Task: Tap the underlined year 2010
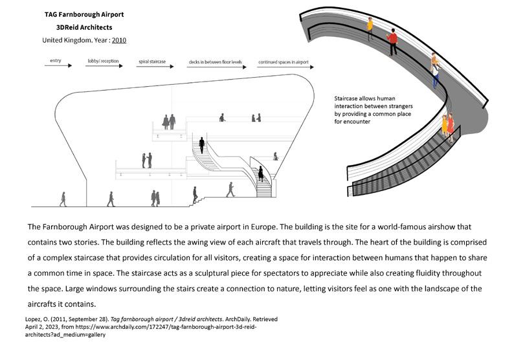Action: coord(118,40)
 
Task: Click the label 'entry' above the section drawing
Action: coord(53,61)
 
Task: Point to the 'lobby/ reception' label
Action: coord(102,62)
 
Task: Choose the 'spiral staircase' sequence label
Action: coord(151,62)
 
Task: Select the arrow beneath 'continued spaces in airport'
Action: coord(282,67)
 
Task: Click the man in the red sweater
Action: coord(392,41)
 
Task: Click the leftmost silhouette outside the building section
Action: coord(63,199)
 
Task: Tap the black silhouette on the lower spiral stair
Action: coord(261,174)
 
